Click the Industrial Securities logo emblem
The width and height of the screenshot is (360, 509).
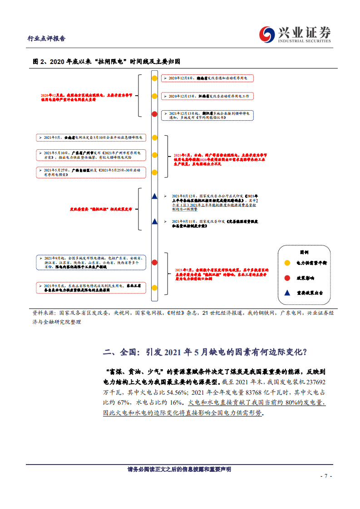[268, 34]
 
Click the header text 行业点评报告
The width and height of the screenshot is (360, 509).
[47, 39]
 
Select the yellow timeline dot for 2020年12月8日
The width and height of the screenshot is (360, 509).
[154, 78]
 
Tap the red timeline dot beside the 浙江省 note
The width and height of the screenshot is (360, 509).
[154, 114]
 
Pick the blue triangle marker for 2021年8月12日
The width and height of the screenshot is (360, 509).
[154, 196]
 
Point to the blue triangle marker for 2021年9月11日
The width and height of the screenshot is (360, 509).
[154, 221]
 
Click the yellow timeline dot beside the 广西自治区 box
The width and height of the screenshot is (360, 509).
[154, 172]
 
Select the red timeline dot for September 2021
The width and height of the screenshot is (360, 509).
[154, 262]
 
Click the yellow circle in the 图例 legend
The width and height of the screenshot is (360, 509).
[287, 263]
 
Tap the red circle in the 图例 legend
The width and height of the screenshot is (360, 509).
[287, 278]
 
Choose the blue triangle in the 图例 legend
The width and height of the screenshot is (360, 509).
[287, 293]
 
